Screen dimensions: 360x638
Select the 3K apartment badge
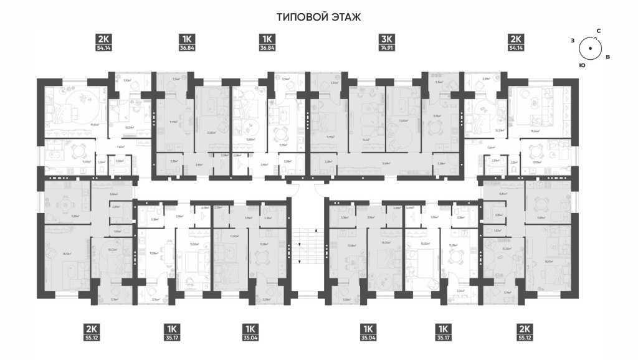tap(387, 38)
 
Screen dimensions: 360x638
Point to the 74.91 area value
tap(387, 47)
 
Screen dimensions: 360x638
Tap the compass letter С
tap(598, 31)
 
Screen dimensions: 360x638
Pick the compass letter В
tap(607, 57)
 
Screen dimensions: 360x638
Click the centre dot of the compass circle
tap(589, 48)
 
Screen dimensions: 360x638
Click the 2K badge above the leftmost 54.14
tap(103, 38)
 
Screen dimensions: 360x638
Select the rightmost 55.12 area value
tap(524, 338)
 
